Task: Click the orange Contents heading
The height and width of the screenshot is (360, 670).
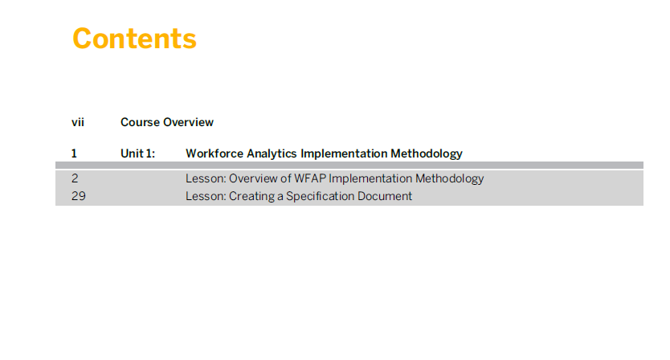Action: (x=135, y=39)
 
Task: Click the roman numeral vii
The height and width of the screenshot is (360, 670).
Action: (x=78, y=122)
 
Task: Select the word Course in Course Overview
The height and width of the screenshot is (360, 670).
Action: (x=140, y=122)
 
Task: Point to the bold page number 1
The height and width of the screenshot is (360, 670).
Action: (x=74, y=153)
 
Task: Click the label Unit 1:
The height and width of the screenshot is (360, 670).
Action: (x=137, y=153)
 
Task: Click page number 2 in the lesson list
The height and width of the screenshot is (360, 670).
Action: (x=75, y=178)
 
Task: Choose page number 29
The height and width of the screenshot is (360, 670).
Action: (x=79, y=196)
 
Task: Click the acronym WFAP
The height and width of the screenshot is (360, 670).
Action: (x=310, y=178)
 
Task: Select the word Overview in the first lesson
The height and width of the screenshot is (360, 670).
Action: (x=253, y=178)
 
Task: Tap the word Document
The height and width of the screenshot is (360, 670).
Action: (x=385, y=196)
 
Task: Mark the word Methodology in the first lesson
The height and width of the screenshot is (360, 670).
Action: (x=450, y=178)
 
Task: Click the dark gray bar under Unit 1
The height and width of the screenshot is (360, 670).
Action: (x=349, y=165)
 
